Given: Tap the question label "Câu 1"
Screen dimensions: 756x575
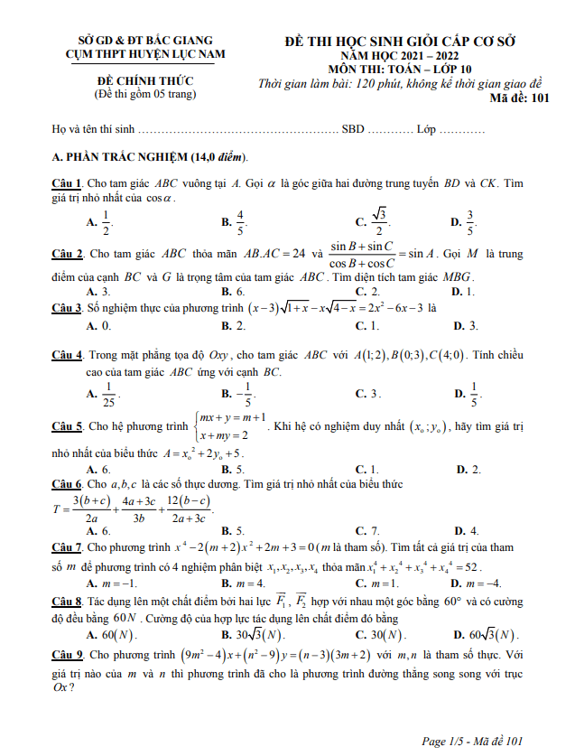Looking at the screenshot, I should [68, 183].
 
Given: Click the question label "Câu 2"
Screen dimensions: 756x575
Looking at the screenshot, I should [68, 254].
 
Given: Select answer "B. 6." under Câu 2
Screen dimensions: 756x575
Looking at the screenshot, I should [233, 292].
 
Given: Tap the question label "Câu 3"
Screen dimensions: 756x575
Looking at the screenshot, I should [68, 307].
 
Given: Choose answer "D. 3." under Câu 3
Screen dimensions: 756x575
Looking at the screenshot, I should [465, 326].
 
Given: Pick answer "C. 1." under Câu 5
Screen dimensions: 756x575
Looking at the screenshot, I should [366, 470].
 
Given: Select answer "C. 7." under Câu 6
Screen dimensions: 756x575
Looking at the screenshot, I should [366, 531].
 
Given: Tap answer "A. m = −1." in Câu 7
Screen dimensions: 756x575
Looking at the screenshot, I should [111, 583].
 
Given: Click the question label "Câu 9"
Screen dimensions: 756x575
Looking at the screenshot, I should [68, 655].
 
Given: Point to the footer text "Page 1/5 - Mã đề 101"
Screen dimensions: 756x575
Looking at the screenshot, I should [472, 742].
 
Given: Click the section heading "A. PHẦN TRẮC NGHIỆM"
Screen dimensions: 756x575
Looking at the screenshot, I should [152, 157].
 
